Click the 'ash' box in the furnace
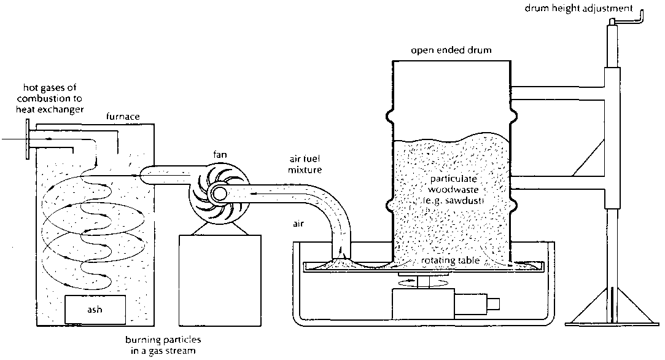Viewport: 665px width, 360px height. click(x=95, y=309)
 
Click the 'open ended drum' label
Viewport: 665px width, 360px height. click(x=451, y=50)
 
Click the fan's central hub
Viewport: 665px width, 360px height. click(x=218, y=195)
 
